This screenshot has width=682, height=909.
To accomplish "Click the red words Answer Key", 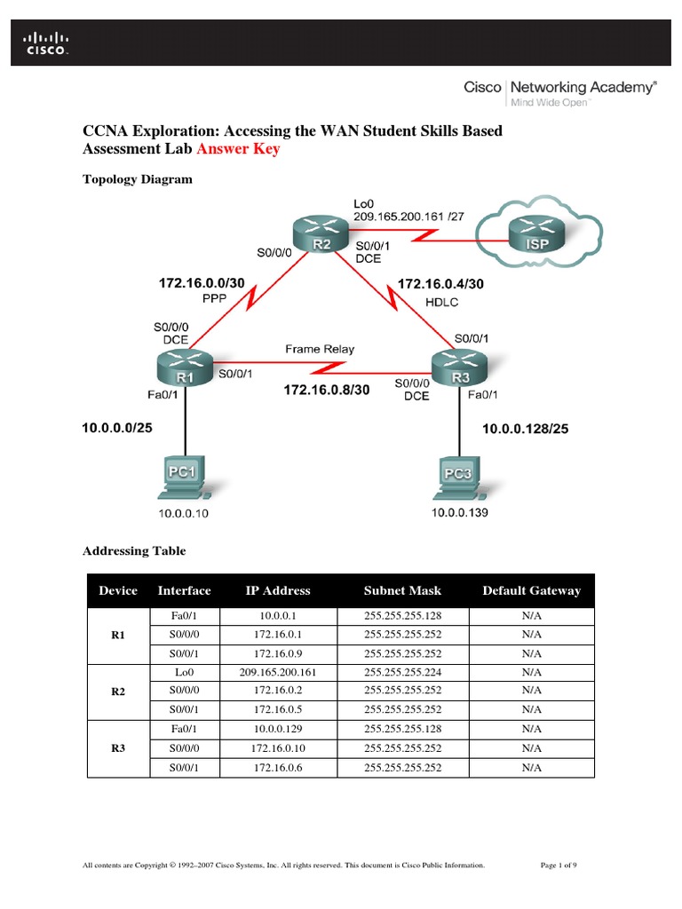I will [x=238, y=149].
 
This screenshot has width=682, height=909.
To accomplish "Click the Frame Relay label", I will [x=320, y=350].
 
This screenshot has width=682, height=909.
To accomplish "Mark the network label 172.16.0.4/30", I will [x=440, y=284].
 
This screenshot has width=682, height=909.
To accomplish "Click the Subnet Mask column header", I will [x=402, y=590].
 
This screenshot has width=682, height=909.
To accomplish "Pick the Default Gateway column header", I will [x=531, y=590].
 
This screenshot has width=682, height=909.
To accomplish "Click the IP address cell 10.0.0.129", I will [x=278, y=729].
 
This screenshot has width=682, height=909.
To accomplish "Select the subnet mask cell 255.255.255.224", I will [x=402, y=673].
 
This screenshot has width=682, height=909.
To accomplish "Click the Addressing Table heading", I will [x=134, y=551].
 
